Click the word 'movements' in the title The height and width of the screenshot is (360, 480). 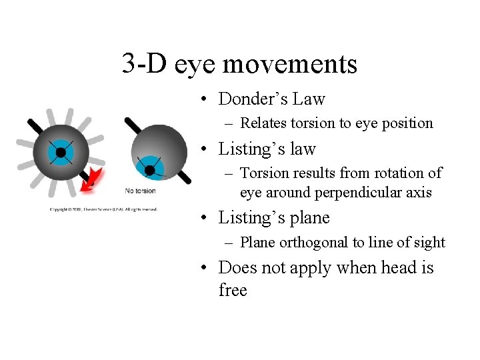(x=289, y=65)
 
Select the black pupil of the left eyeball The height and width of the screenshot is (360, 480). (x=61, y=153)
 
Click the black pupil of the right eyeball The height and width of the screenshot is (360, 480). (x=150, y=171)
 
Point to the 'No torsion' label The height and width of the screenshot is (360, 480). (x=140, y=191)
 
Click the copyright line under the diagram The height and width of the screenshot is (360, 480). (x=103, y=209)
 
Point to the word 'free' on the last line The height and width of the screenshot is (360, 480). (x=233, y=291)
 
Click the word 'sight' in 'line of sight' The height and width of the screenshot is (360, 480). (x=429, y=243)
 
